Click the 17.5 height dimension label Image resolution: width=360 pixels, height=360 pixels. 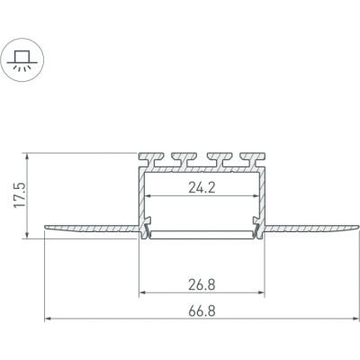pos(20,195)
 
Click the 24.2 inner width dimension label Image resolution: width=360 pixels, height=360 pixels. pos(202,188)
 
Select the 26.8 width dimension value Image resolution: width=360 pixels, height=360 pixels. pos(202,284)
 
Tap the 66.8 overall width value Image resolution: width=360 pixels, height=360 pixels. pos(202,311)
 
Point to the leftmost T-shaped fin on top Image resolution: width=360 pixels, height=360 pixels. pos(151,159)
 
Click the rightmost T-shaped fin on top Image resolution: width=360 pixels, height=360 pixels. pos(253,159)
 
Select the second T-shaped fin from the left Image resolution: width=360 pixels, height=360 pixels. pos(184,159)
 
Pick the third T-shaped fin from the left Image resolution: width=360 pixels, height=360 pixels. pos(220,159)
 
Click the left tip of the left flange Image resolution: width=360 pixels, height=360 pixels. pos(45,227)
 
